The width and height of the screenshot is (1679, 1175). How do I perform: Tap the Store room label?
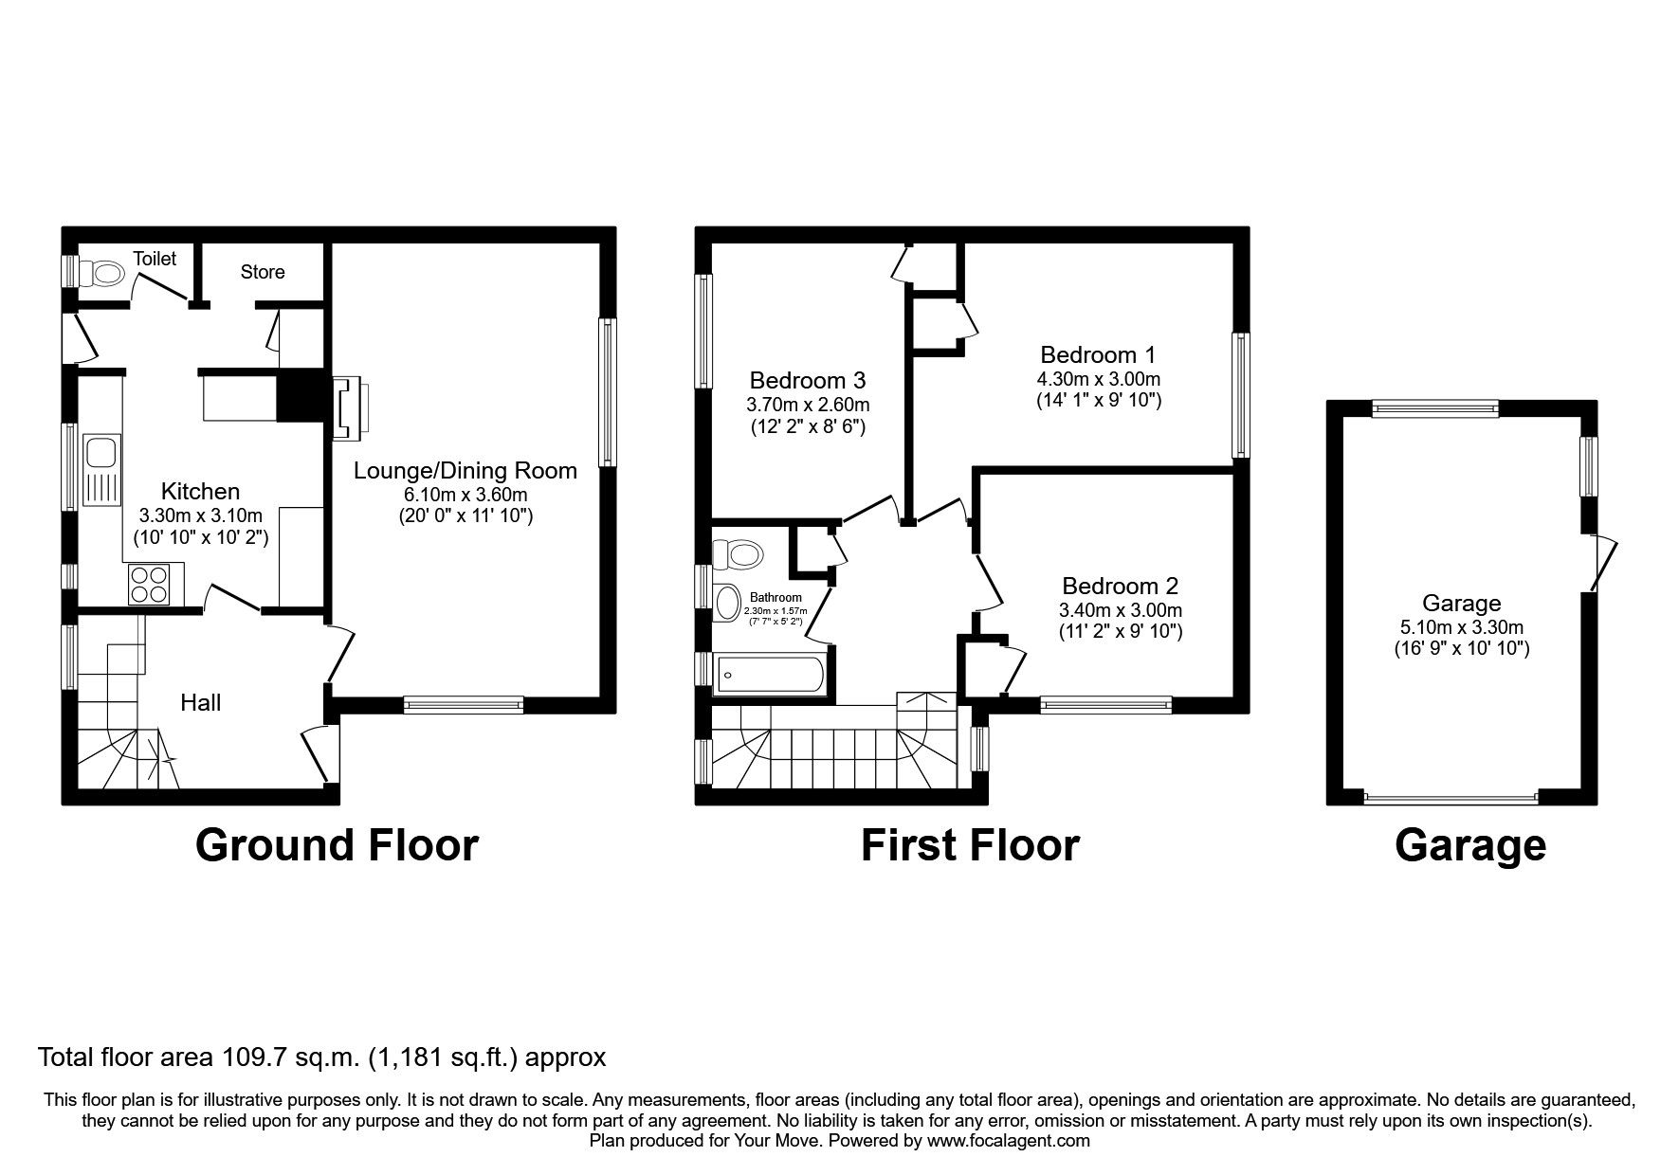[263, 272]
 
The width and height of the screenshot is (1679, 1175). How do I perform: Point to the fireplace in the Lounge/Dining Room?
[350, 408]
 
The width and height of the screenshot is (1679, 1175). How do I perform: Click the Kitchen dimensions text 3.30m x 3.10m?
[201, 515]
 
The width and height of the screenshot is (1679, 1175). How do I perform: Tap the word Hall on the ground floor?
[201, 702]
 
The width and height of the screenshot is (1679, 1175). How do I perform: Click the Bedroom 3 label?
[807, 380]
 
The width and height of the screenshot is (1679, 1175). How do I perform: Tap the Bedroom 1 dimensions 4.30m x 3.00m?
[1098, 379]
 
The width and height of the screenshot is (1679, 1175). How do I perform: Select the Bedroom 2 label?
[1120, 586]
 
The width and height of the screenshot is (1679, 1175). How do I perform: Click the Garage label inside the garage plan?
[1461, 603]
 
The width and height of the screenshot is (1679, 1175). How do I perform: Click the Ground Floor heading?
[337, 844]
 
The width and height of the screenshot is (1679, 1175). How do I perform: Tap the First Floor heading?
[969, 844]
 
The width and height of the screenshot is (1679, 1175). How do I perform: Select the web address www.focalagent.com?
[1008, 1141]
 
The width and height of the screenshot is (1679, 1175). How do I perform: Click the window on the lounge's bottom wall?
[463, 704]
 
